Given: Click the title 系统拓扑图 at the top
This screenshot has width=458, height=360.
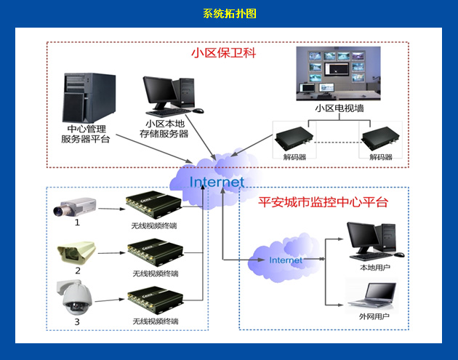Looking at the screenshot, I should [229, 14].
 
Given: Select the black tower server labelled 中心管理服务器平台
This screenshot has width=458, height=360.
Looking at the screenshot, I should [85, 97].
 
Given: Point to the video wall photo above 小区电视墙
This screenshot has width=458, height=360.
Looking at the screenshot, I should [338, 72].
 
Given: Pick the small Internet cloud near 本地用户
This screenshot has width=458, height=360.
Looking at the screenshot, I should [286, 259].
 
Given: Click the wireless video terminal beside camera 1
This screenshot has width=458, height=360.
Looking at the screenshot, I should [153, 207].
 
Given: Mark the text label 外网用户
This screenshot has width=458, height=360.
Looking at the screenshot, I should [374, 317].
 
